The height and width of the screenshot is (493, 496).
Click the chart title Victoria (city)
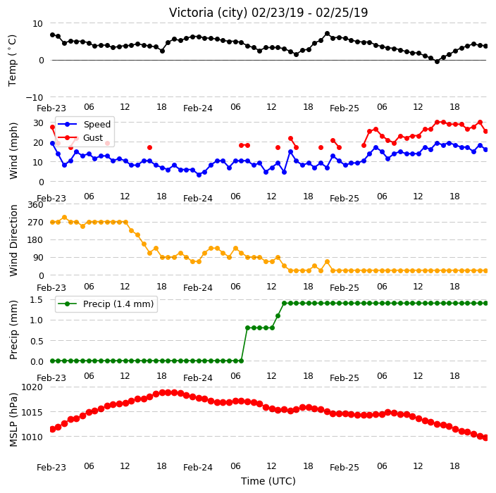pyautogui.click(x=209, y=13)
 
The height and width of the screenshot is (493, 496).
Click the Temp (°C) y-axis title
pyautogui.click(x=12, y=61)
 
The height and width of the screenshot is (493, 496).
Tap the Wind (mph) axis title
pyautogui.click(x=13, y=151)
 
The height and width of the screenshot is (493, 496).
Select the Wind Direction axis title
pyautogui.click(x=13, y=241)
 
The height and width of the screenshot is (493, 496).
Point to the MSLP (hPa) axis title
pyautogui.click(x=13, y=420)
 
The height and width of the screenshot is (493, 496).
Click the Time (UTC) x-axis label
pyautogui.click(x=268, y=481)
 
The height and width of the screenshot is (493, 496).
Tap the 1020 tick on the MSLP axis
pyautogui.click(x=32, y=387)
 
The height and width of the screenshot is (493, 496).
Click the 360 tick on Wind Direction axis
pyautogui.click(x=35, y=205)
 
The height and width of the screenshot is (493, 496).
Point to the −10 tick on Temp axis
pyautogui.click(x=34, y=97)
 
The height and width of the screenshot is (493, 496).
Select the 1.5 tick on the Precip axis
pyautogui.click(x=37, y=299)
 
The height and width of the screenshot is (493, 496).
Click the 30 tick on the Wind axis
pyautogui.click(x=38, y=123)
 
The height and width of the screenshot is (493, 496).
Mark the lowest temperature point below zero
pyautogui.click(x=437, y=62)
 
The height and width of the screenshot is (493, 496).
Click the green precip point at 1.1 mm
pyautogui.click(x=278, y=316)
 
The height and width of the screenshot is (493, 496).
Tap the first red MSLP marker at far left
pyautogui.click(x=53, y=429)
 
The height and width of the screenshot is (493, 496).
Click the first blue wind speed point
pyautogui.click(x=53, y=144)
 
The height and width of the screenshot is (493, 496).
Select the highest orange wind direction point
pyautogui.click(x=65, y=218)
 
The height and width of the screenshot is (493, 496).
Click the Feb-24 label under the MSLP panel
pyautogui.click(x=198, y=468)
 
